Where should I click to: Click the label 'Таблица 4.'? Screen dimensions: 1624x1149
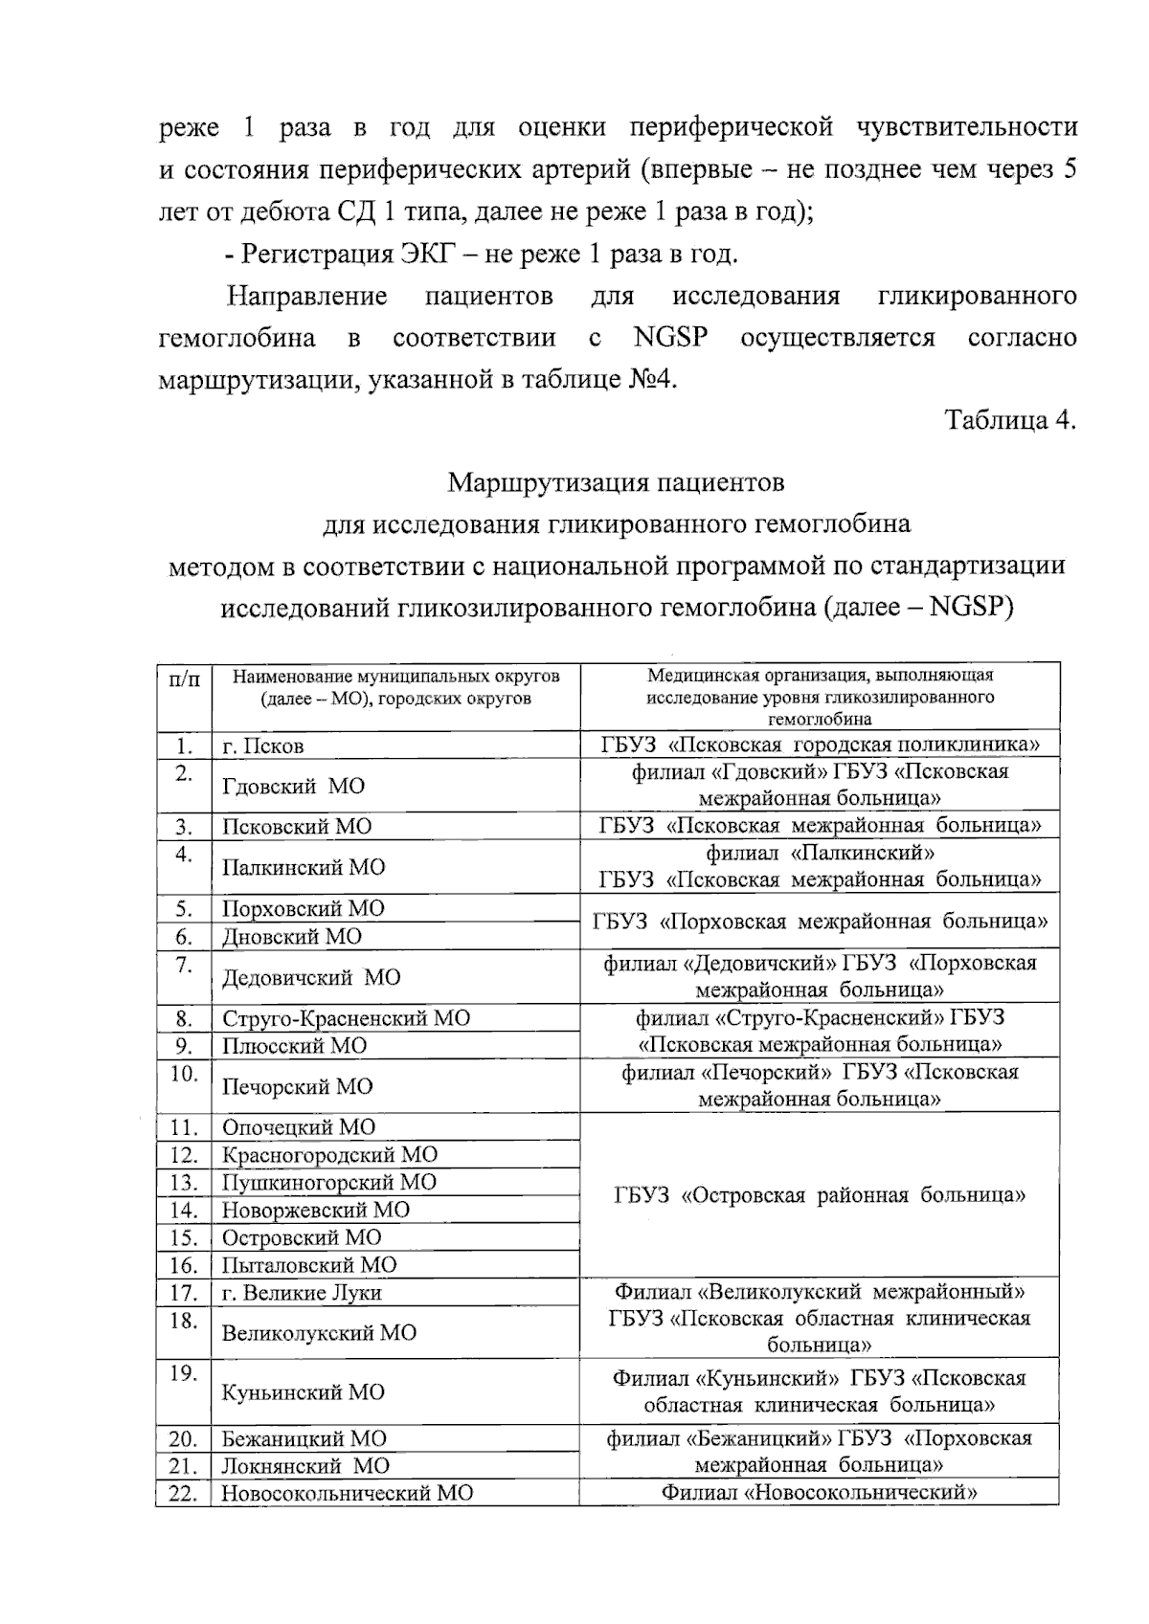tap(1010, 420)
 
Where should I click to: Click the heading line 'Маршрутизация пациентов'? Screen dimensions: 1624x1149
tap(616, 482)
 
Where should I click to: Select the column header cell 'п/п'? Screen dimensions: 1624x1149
tap(185, 679)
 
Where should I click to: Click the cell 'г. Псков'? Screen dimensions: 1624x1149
tap(263, 745)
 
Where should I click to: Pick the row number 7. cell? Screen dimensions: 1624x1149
tap(185, 965)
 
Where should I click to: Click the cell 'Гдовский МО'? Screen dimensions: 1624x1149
tap(293, 787)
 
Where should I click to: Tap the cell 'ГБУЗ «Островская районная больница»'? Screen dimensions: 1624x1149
tap(820, 1195)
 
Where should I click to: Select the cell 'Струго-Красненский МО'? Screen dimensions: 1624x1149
tap(346, 1018)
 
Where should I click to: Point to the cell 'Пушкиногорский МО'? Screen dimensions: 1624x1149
tap(328, 1183)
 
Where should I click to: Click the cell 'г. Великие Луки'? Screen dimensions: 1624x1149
tap(302, 1293)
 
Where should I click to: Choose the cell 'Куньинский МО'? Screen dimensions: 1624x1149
tap(303, 1392)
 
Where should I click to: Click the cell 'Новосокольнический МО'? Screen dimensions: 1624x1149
tap(347, 1493)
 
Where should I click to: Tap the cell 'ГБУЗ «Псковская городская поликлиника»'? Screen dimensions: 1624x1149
tap(820, 745)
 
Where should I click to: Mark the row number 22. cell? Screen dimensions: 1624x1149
tap(183, 1493)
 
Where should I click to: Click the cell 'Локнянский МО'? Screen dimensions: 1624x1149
tap(305, 1466)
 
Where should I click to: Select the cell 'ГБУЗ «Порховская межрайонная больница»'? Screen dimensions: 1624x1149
tap(820, 922)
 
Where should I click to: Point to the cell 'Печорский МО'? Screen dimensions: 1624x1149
tap(297, 1086)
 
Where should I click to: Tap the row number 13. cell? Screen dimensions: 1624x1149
tap(183, 1183)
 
